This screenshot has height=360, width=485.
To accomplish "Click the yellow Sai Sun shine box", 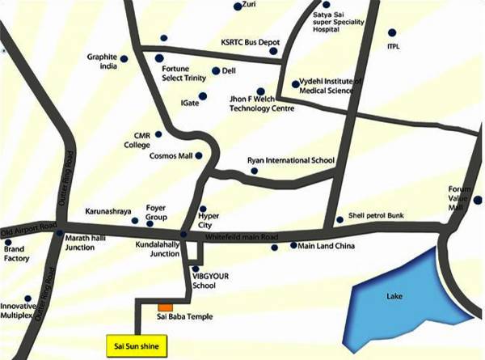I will [x=135, y=344].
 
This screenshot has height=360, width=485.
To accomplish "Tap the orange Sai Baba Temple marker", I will [x=165, y=308].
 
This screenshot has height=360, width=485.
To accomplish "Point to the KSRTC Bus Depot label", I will [x=250, y=41].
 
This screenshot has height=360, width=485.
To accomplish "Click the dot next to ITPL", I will [x=393, y=33].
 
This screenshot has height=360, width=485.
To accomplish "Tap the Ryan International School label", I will [x=290, y=160].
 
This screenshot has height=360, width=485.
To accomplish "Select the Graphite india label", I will [x=103, y=62].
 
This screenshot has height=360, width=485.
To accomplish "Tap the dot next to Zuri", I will [x=238, y=6].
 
